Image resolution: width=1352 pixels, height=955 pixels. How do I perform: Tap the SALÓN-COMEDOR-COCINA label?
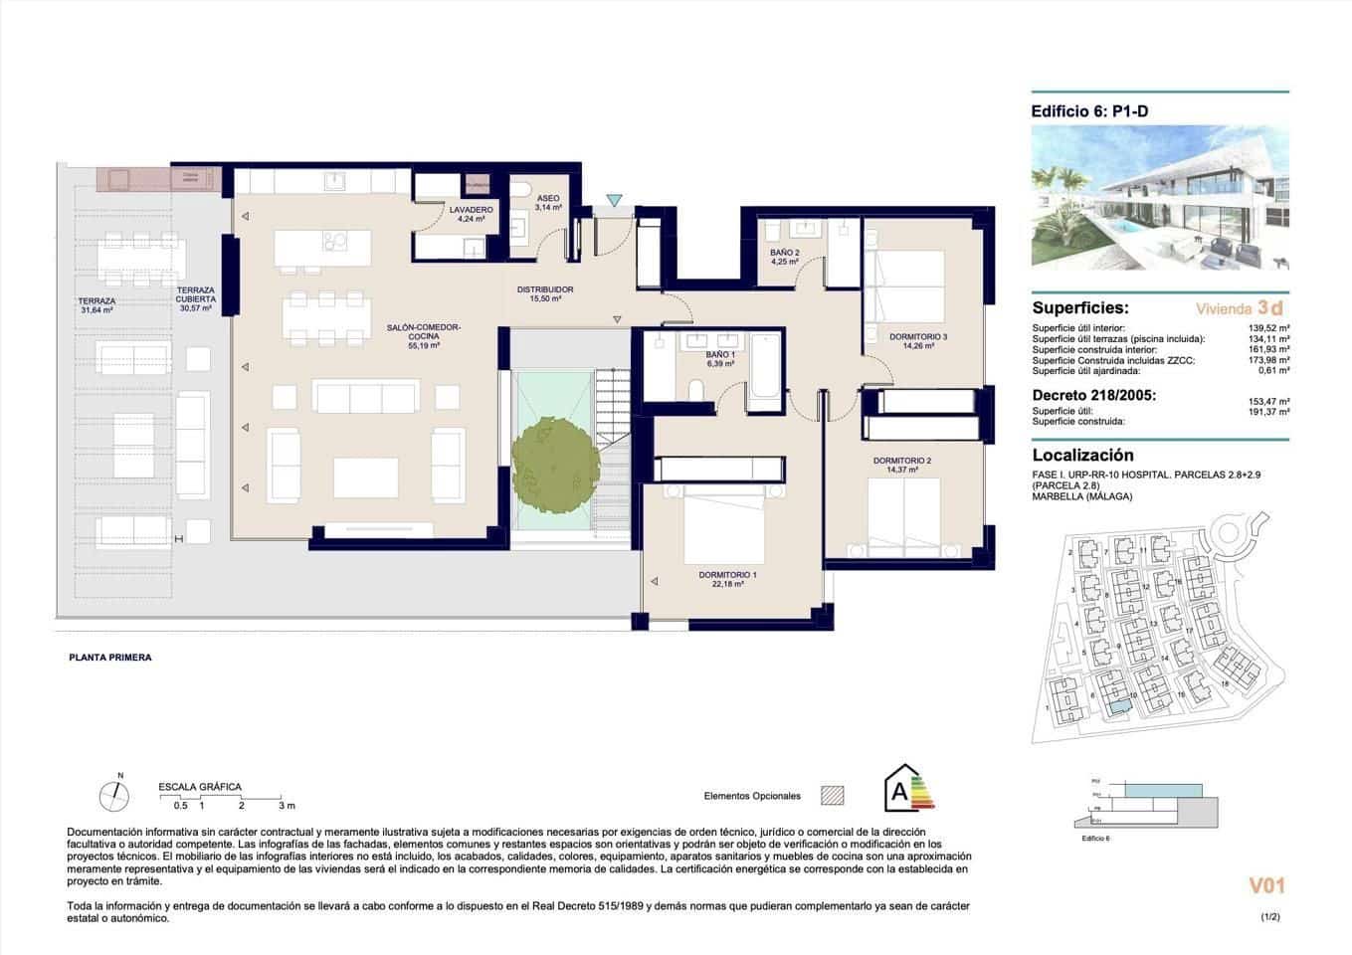coord(424,336)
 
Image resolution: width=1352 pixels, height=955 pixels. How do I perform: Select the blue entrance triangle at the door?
coord(615,202)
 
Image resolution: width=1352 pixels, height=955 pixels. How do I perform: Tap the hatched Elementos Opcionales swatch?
coord(832,796)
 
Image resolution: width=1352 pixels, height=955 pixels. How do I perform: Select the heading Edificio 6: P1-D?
coord(1090,112)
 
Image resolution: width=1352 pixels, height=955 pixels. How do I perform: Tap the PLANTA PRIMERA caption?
coord(109,658)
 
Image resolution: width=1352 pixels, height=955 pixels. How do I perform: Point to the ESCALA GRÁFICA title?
coord(200,787)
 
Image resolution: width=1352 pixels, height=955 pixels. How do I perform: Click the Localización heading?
coord(1082,456)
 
